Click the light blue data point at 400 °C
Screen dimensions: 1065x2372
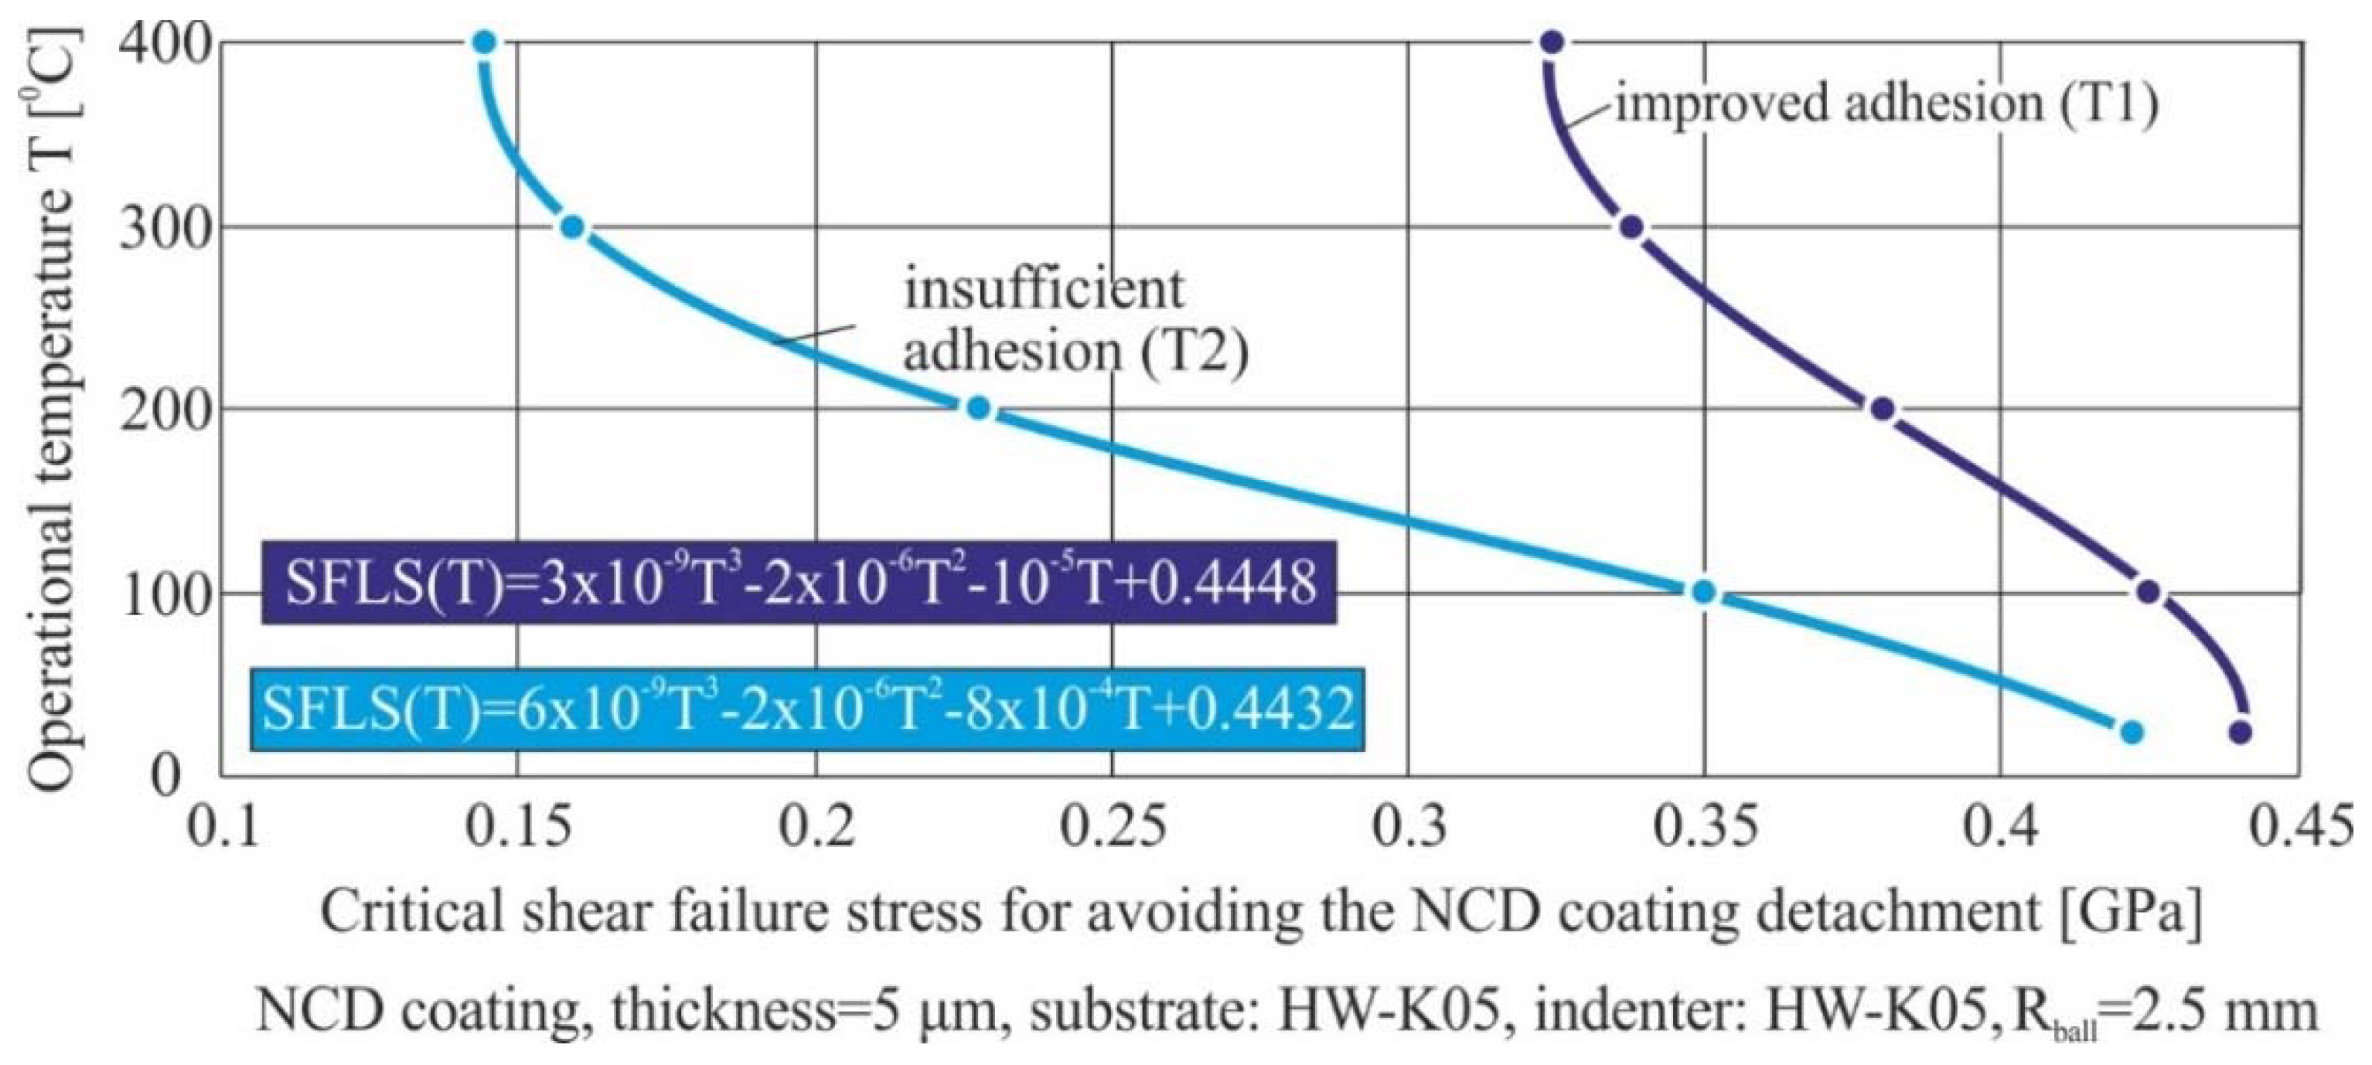486,43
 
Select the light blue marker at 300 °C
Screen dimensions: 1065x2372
573,226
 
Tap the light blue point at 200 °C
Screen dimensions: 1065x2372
979,408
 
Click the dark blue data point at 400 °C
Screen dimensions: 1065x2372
1552,43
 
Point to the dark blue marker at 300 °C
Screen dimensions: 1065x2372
1631,226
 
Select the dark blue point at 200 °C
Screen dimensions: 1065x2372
1883,408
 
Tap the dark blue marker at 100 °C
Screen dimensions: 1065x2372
2149,592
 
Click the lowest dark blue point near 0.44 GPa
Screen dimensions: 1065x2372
2241,733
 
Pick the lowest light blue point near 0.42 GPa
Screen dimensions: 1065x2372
2132,733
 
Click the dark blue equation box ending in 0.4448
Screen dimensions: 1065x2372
799,583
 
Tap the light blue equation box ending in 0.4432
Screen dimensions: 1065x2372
808,709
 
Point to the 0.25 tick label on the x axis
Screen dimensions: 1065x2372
1113,827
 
